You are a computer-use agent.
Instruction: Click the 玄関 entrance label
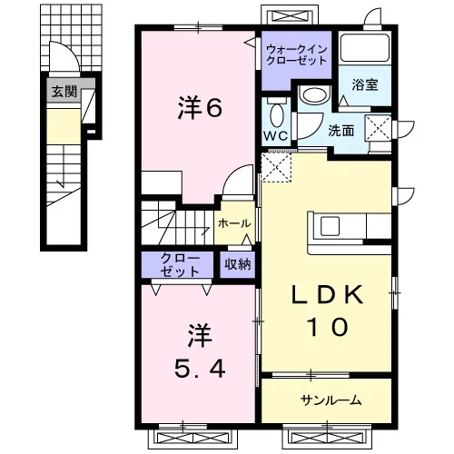tap(64, 91)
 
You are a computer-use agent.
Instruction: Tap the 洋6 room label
tap(200, 107)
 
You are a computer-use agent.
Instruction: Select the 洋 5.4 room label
tap(200, 350)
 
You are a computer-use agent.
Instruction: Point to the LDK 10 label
tap(327, 311)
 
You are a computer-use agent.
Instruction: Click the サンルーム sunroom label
tap(331, 400)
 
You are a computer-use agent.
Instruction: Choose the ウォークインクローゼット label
tap(296, 54)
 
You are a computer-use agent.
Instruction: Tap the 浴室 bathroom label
tap(365, 84)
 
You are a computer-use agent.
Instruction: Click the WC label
tap(275, 135)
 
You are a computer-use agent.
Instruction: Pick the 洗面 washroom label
tap(341, 131)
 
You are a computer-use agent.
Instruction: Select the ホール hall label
tap(234, 223)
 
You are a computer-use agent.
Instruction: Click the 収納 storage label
tap(237, 264)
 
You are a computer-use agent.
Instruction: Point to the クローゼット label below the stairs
tap(180, 265)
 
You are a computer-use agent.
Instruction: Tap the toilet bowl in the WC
tap(276, 115)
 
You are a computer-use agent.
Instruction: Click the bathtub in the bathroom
tap(364, 48)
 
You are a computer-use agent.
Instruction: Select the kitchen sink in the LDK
tap(330, 226)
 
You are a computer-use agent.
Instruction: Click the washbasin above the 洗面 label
tap(314, 95)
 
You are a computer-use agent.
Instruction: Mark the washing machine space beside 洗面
tap(378, 128)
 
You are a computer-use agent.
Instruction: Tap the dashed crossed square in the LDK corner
tap(276, 167)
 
